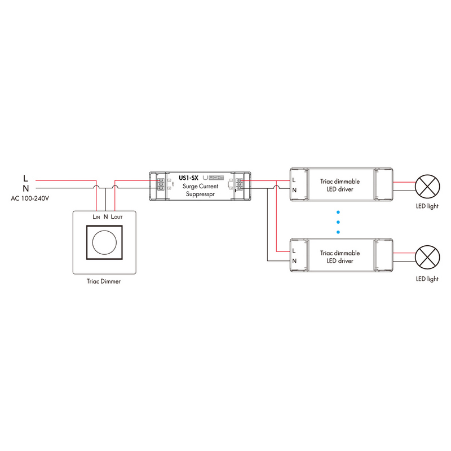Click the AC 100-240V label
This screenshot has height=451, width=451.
click(29, 199)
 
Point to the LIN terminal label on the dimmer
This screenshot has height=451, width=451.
click(95, 216)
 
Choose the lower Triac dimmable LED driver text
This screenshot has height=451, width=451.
click(339, 257)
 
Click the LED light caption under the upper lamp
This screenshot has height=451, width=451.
click(427, 206)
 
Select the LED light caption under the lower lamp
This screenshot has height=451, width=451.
click(427, 278)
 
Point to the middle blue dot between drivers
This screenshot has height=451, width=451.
click(338, 222)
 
